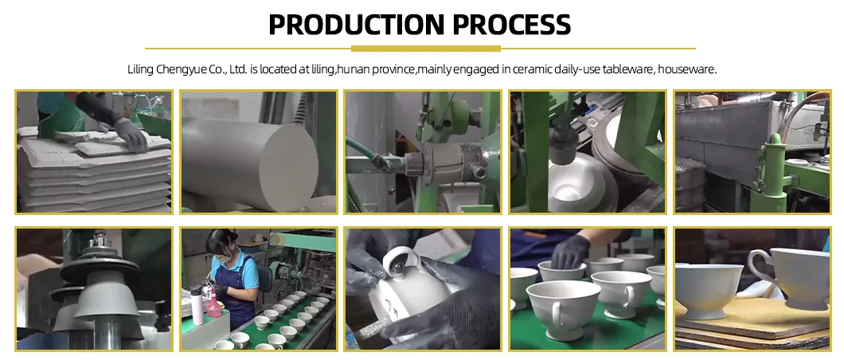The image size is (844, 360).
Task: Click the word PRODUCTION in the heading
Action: pyautogui.click(x=356, y=25)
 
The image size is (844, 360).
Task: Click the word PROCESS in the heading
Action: pyautogui.click(x=512, y=25)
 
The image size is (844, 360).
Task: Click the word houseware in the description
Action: pyautogui.click(x=687, y=70)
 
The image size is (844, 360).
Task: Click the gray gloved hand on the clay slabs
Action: pyautogui.click(x=131, y=133)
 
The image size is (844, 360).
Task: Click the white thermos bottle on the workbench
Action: pyautogui.click(x=197, y=305)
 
